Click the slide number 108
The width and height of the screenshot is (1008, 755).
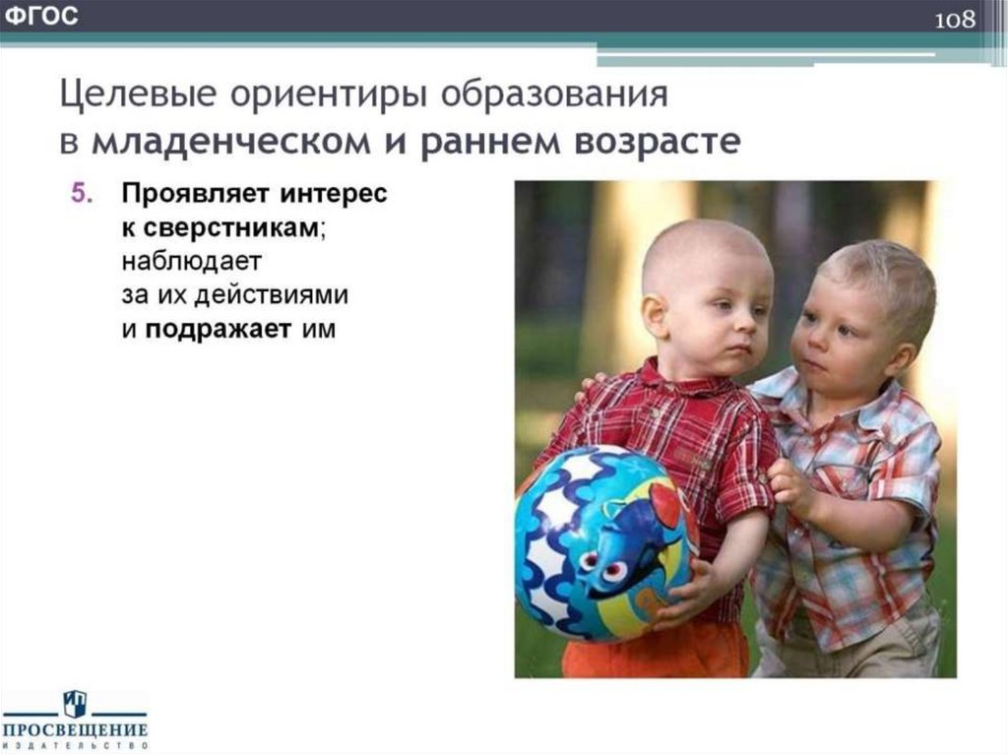coord(955,21)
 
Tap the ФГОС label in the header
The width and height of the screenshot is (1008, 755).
coord(41,17)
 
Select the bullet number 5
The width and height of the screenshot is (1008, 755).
coord(81,194)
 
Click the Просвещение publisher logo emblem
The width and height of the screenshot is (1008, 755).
coord(74,703)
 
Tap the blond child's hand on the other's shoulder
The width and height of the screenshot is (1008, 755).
coord(593,381)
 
